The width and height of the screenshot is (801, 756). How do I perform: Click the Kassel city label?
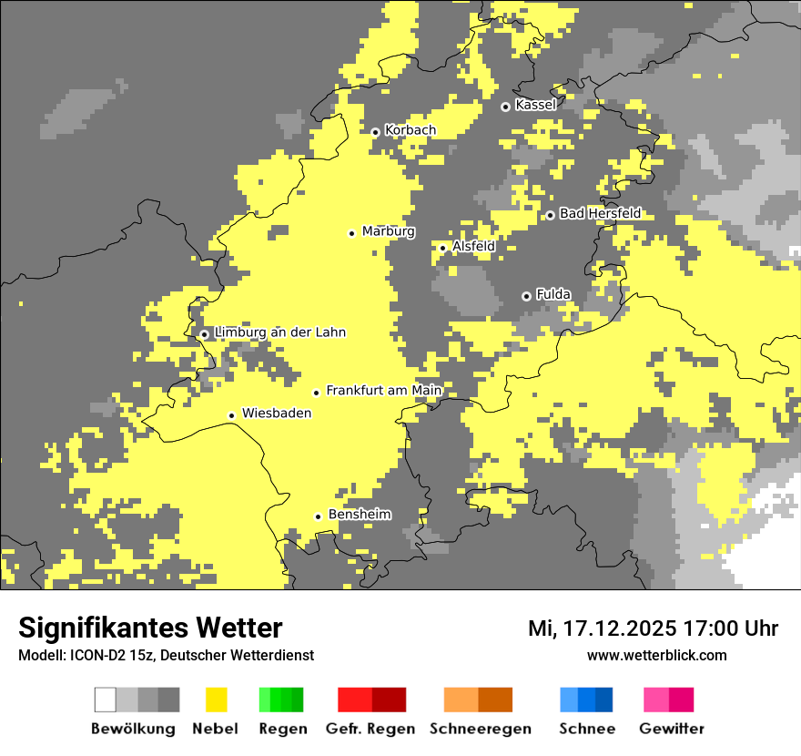pos(535,105)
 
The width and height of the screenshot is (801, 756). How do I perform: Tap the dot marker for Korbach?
pos(375,132)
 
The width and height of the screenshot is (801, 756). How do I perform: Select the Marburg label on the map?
pos(388,231)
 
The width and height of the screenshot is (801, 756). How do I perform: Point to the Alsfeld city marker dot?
pos(443,248)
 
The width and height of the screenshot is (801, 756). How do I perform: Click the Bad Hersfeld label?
pos(600,213)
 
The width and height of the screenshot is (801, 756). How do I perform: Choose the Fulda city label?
pos(553,294)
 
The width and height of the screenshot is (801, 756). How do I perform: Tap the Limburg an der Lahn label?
pos(280,332)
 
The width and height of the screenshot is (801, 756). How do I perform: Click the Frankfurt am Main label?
pos(383,391)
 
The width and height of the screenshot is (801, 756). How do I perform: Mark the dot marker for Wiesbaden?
pos(232,415)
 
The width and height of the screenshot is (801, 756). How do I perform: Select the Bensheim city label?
pos(360,515)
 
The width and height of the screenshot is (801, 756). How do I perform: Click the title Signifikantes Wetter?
pos(150,628)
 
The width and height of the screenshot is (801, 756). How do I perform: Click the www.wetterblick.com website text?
pos(656,655)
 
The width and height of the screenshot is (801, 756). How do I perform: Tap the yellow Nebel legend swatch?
pos(216,700)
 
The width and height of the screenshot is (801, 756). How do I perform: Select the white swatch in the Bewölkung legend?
pos(106,700)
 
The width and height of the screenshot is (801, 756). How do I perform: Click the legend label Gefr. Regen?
pos(370,729)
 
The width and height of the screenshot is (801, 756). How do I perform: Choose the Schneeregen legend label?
pos(481,729)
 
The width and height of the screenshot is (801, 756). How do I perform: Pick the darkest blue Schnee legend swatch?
pos(604,700)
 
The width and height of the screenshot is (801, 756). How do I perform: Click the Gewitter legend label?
pos(672,729)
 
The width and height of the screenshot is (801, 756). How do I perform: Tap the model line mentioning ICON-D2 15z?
pos(166,655)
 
